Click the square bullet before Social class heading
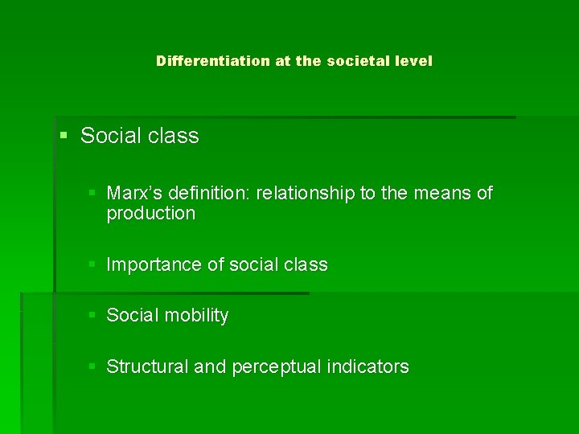click(64, 136)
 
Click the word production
click(150, 214)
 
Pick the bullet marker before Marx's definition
click(94, 194)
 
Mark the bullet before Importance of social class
click(94, 264)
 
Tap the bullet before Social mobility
click(94, 315)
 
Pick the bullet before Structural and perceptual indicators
click(94, 366)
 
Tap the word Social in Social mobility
click(132, 316)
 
